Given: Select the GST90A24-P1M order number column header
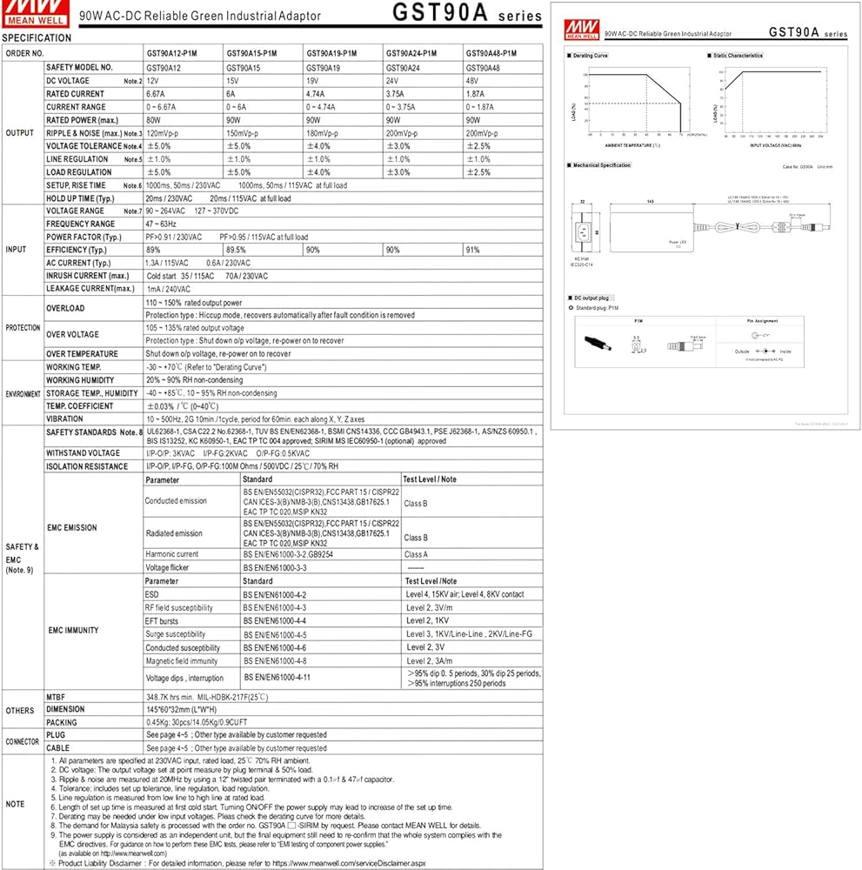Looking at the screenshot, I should coord(411,53).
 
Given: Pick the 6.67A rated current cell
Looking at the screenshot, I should coord(156,93).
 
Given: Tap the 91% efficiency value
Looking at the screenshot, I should coord(472,250).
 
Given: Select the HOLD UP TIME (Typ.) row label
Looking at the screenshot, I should coord(80,198).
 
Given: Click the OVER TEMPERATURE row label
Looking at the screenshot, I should coord(82,354).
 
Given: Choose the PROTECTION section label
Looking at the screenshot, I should coord(22,328).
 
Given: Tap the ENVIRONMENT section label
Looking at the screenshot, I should coord(23,393).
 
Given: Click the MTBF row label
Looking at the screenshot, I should coord(55,697).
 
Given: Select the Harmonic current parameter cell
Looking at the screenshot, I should coord(172,554).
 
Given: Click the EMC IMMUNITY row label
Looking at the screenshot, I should coord(72,630).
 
